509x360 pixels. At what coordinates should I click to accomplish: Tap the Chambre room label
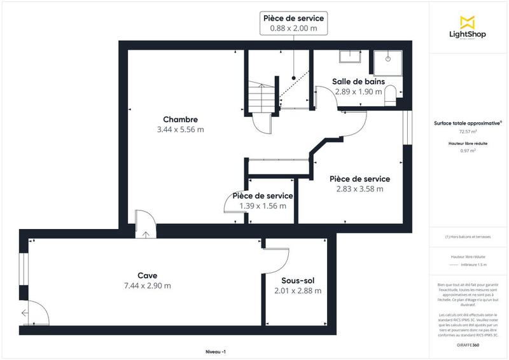pyautogui.click(x=181, y=120)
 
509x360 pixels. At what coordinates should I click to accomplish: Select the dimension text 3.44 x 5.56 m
pyautogui.click(x=181, y=130)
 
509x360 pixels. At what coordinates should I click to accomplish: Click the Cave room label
pyautogui.click(x=147, y=275)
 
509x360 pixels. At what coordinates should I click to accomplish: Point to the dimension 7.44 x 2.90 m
pyautogui.click(x=147, y=286)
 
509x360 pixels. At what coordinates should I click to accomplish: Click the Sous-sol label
pyautogui.click(x=298, y=280)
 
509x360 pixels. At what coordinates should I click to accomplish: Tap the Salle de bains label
pyautogui.click(x=357, y=81)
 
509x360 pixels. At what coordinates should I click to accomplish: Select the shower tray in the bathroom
pyautogui.click(x=386, y=57)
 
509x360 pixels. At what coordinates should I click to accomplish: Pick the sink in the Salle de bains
pyautogui.click(x=349, y=57)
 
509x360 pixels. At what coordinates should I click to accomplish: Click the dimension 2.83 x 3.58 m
pyautogui.click(x=359, y=189)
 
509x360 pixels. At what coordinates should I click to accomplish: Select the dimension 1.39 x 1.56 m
pyautogui.click(x=263, y=205)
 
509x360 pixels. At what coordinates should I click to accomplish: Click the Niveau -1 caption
pyautogui.click(x=216, y=352)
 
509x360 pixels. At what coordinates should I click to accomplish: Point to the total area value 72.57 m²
pyautogui.click(x=468, y=132)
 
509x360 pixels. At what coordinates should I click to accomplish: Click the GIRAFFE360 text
pyautogui.click(x=468, y=344)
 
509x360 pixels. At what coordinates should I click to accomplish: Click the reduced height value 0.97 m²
pyautogui.click(x=468, y=151)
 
